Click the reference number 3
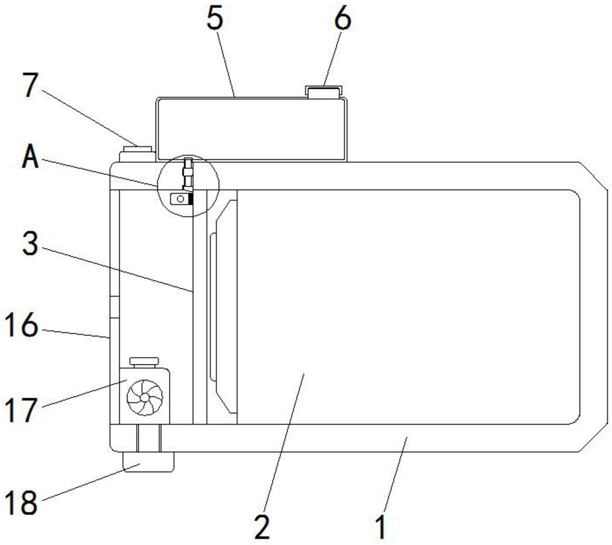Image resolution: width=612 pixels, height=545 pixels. point(30,244)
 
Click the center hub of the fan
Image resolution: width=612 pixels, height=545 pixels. point(145,397)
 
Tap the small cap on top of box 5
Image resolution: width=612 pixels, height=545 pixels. point(324,92)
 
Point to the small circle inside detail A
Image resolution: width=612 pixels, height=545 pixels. point(180,199)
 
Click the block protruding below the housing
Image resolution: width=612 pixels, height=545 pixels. point(148,462)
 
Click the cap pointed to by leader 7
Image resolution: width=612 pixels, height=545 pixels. point(138,154)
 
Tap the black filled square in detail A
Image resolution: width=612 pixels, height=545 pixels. point(191,199)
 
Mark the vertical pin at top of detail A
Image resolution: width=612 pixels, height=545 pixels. point(188,174)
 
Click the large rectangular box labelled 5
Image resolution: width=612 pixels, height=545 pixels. point(252,129)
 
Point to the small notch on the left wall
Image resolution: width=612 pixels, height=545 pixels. point(114,307)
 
